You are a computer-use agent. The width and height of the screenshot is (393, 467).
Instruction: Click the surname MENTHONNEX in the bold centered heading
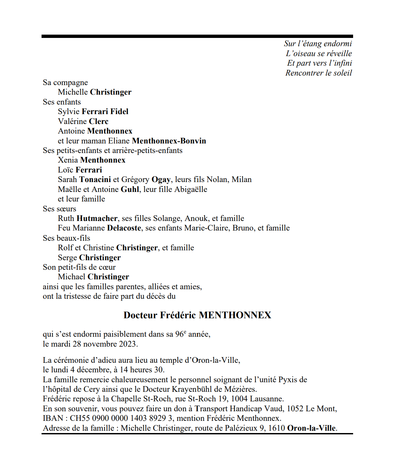235,315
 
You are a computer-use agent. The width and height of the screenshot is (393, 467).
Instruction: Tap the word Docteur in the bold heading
140,315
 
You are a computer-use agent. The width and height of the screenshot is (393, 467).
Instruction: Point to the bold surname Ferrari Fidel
105,111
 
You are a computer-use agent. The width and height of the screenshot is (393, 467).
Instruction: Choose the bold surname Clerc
99,121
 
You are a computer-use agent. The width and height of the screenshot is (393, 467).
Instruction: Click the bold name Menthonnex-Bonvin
169,141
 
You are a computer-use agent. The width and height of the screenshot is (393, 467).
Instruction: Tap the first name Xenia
68,160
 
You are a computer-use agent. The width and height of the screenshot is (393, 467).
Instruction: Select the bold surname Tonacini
95,179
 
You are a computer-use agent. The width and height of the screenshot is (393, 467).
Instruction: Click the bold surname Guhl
130,189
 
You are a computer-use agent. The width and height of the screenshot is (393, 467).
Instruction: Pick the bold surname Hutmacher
97,218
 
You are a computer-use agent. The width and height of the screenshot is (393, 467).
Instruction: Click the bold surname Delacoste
124,228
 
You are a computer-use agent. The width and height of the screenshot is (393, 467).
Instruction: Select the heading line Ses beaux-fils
66,238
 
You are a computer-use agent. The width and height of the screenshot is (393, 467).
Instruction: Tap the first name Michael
72,277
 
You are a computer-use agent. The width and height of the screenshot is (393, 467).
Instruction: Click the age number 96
179,334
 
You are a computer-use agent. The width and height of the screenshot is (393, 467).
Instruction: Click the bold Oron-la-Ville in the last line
311,428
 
